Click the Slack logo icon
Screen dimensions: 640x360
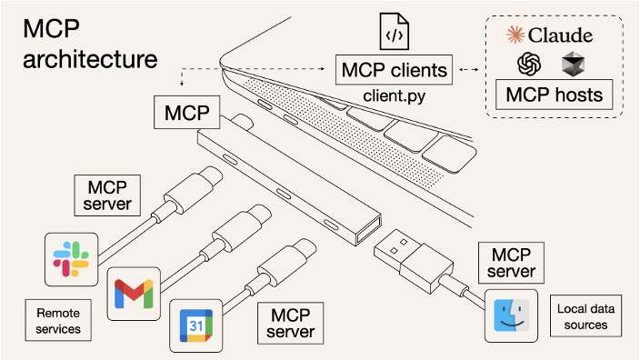(x=71, y=259)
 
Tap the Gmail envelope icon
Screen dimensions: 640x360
(x=134, y=294)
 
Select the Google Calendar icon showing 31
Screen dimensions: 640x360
(x=196, y=325)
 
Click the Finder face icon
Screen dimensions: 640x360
(x=512, y=315)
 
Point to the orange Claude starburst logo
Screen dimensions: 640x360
(x=515, y=35)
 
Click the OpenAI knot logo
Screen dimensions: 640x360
(x=529, y=64)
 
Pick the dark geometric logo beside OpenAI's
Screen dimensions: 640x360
(x=573, y=64)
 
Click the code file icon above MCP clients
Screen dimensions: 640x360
(x=395, y=31)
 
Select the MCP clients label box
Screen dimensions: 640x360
(x=394, y=70)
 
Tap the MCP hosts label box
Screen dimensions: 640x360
(x=554, y=95)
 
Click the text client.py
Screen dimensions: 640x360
(x=395, y=96)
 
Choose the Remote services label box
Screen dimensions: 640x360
(x=58, y=320)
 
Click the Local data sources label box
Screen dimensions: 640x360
(x=585, y=316)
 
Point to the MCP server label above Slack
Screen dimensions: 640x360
(x=107, y=195)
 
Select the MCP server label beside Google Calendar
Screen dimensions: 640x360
(x=291, y=324)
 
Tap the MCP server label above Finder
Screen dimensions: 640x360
(x=511, y=263)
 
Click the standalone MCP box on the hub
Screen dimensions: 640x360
(x=187, y=113)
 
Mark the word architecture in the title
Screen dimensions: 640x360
(x=90, y=59)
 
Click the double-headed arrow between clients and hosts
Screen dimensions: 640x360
(x=469, y=69)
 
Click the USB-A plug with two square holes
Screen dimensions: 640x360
(x=413, y=260)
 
